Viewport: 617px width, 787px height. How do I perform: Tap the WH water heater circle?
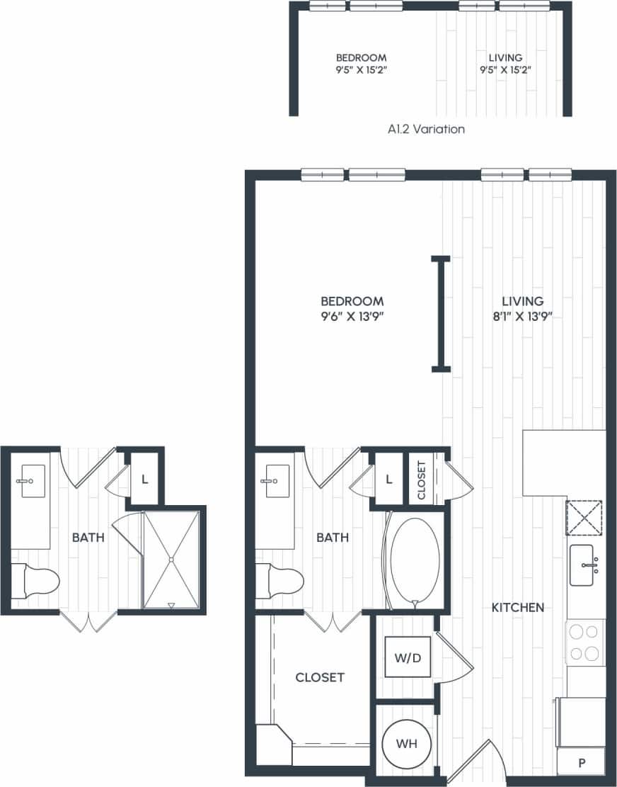coord(406,744)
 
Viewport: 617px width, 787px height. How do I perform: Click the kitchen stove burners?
coord(584,642)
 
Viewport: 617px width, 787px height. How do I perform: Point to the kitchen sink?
coord(587,565)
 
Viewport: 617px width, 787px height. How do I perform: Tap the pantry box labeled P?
coord(582,762)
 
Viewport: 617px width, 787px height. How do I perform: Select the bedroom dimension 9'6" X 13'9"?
coord(352,317)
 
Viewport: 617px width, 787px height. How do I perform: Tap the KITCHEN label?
coord(518,607)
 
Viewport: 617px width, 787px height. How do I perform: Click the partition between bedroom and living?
coord(442,313)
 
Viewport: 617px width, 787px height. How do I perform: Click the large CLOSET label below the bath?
coord(320,677)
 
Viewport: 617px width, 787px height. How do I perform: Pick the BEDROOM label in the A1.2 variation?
coord(361,57)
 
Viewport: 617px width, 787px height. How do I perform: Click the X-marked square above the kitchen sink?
coord(584,518)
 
